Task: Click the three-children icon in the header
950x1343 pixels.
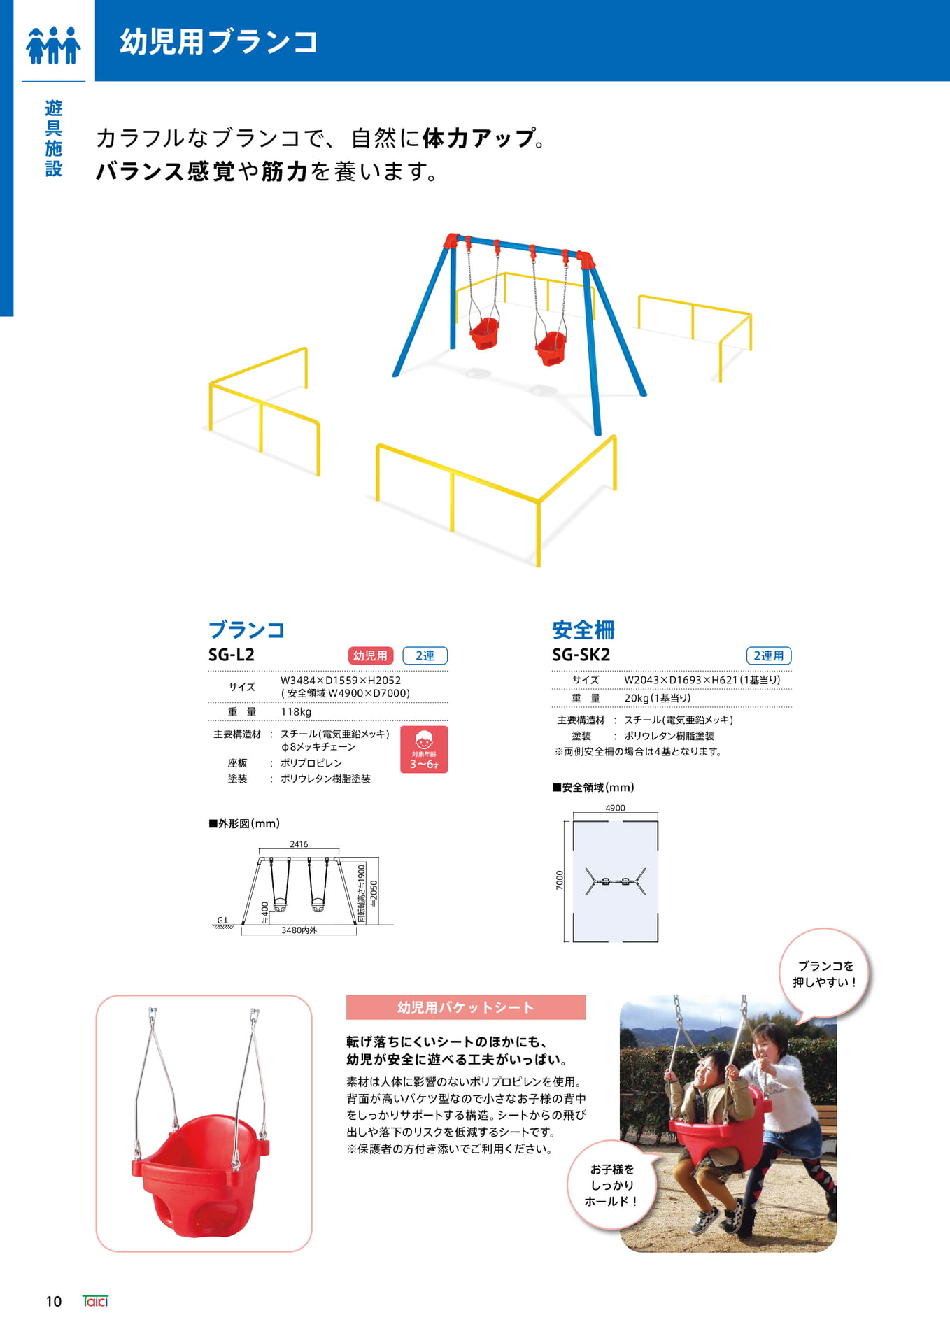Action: tap(53, 45)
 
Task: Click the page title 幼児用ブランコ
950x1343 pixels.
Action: tap(218, 42)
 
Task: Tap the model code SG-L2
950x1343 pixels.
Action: tap(232, 655)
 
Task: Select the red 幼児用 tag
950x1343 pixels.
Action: tap(370, 655)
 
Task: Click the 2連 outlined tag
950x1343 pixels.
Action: tap(425, 655)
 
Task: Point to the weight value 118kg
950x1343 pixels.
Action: tap(296, 711)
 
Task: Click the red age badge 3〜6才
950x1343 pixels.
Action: tap(424, 749)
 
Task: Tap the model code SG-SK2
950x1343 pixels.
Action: tap(581, 655)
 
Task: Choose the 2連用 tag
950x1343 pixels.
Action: tap(769, 655)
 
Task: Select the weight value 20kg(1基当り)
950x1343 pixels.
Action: tap(658, 698)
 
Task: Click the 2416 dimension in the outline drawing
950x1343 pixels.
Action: tap(299, 844)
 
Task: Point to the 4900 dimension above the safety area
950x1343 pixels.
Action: tap(615, 808)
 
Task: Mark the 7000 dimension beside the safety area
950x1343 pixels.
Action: tap(559, 880)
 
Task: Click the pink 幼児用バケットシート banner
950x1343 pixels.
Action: tap(466, 1007)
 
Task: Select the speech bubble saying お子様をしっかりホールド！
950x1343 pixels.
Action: tap(612, 1185)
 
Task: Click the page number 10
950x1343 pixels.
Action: tap(54, 1302)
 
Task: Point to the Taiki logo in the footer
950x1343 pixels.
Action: tap(95, 1301)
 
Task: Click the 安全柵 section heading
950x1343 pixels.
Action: tap(583, 630)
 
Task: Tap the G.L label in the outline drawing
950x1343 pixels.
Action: tap(222, 921)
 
